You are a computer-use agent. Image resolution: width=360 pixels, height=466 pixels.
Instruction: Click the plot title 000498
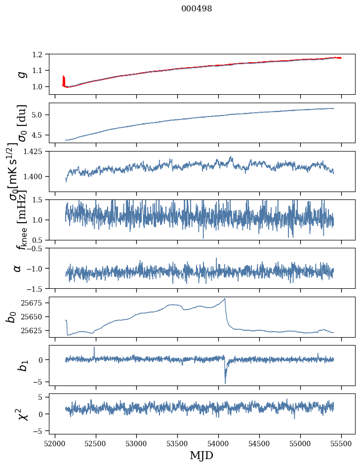(197, 9)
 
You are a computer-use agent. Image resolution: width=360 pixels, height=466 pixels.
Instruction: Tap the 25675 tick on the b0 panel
(34, 302)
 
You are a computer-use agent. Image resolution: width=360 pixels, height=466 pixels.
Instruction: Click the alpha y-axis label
(18, 268)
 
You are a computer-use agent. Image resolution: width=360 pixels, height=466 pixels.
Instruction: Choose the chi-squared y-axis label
(22, 414)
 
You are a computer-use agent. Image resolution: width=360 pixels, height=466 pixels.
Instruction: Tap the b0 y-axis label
(11, 317)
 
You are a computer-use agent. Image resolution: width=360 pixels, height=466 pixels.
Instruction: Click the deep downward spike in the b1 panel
(225, 383)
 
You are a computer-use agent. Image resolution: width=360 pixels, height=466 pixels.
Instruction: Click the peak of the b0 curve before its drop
(225, 298)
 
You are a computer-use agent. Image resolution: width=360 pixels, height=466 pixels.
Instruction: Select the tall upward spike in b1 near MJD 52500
(94, 347)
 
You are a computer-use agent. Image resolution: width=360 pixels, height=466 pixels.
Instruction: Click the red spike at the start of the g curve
(64, 78)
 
